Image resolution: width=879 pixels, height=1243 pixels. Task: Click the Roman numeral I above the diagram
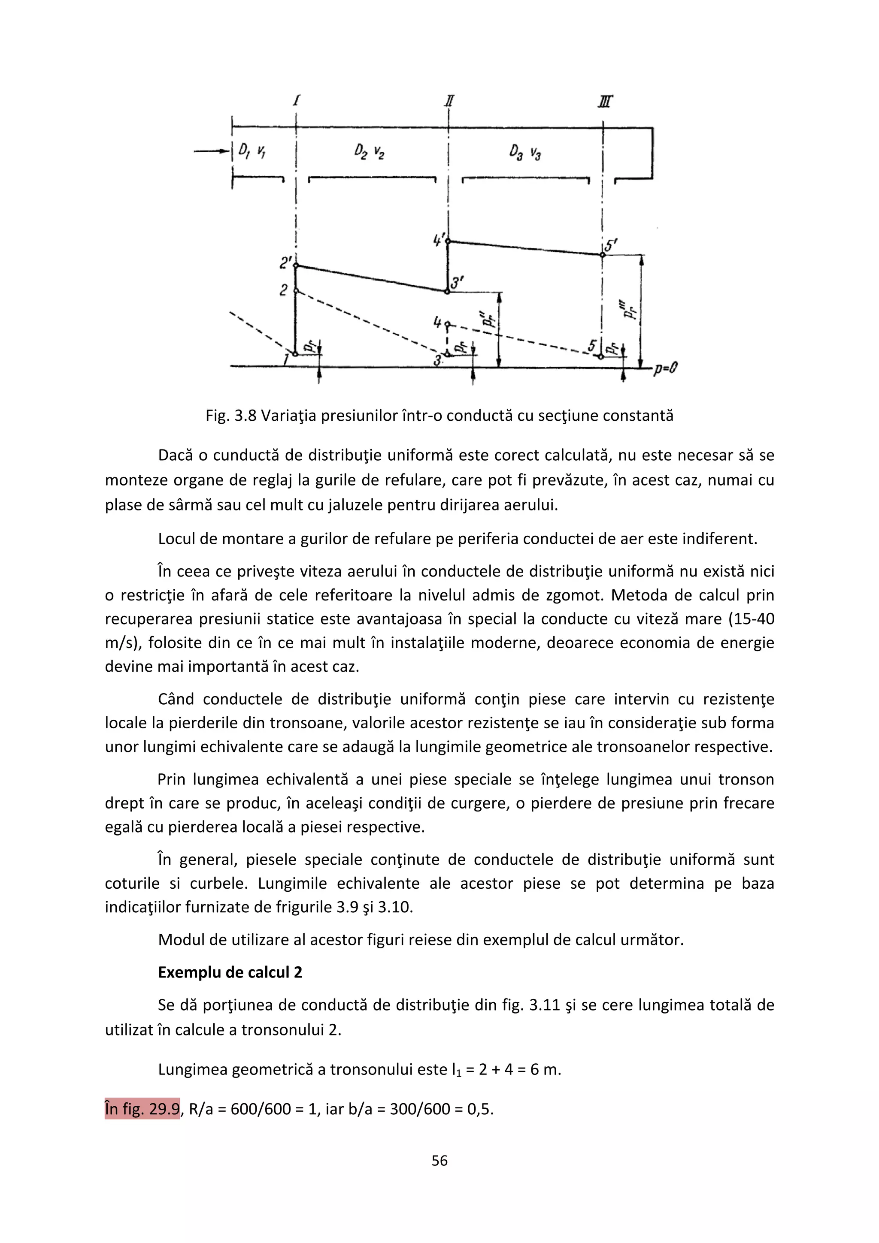click(x=297, y=100)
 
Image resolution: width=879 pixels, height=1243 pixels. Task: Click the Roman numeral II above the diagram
click(x=449, y=101)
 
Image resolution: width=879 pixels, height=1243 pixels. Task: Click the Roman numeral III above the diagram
click(x=606, y=101)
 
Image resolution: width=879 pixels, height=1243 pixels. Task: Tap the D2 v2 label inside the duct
click(x=370, y=151)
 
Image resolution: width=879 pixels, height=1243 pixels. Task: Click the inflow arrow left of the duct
click(x=212, y=151)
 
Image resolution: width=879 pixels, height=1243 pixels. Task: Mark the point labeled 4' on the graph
click(x=448, y=241)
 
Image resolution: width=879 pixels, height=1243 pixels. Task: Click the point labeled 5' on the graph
click(x=602, y=254)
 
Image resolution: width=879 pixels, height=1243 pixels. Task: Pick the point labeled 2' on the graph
click(x=296, y=266)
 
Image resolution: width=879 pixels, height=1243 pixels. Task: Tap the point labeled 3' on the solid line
click(x=447, y=291)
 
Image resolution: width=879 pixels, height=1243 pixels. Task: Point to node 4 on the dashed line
click(x=447, y=325)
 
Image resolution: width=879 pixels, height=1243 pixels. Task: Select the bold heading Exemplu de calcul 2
click(x=230, y=972)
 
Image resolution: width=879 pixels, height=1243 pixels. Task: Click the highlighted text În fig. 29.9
click(x=142, y=1109)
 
